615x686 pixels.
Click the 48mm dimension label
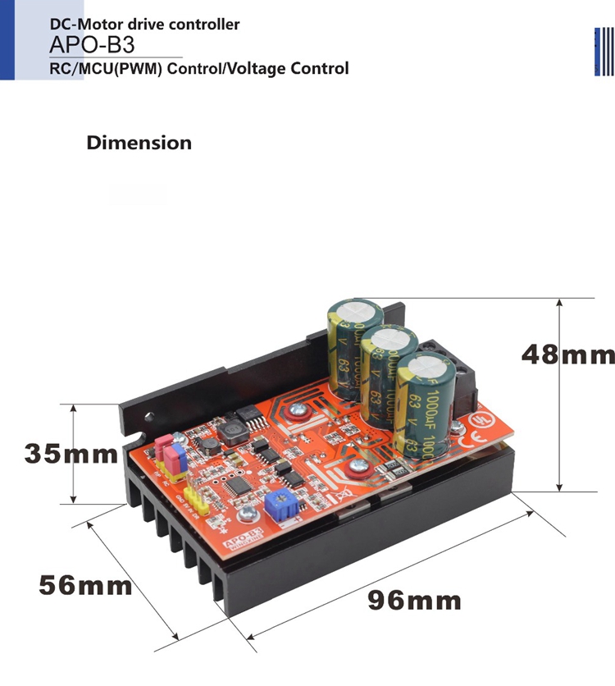point(567,354)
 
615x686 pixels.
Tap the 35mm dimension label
point(71,453)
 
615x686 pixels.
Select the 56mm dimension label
point(85,585)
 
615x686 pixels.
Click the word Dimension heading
point(139,143)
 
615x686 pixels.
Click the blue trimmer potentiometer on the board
point(282,500)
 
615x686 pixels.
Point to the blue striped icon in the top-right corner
point(604,52)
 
